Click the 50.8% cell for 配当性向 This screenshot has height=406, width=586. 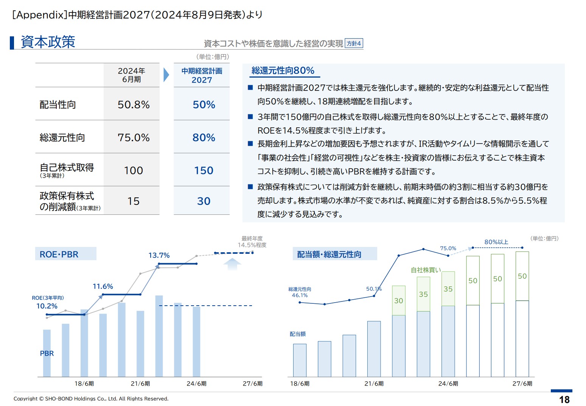(134, 105)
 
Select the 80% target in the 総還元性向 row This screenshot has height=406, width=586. (204, 137)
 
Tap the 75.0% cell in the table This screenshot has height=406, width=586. (134, 137)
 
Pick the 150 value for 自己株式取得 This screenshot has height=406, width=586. (204, 170)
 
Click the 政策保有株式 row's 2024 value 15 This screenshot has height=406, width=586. (134, 201)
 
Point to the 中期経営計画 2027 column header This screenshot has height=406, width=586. (202, 75)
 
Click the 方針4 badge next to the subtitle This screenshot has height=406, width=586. (354, 44)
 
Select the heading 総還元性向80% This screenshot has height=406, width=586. (283, 70)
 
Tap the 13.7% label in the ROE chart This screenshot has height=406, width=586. (159, 255)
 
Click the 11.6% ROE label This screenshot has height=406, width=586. (103, 286)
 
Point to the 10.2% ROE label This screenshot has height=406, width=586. (47, 306)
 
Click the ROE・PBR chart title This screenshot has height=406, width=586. (59, 255)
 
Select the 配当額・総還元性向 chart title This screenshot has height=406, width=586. (329, 255)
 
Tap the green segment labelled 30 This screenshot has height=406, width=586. (399, 301)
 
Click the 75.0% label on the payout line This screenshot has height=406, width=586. (448, 248)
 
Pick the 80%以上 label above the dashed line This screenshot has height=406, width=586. (496, 242)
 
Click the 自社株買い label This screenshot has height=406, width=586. (426, 270)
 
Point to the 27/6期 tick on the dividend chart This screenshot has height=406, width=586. (522, 384)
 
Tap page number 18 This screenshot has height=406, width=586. (564, 400)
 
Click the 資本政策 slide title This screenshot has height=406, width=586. (48, 42)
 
